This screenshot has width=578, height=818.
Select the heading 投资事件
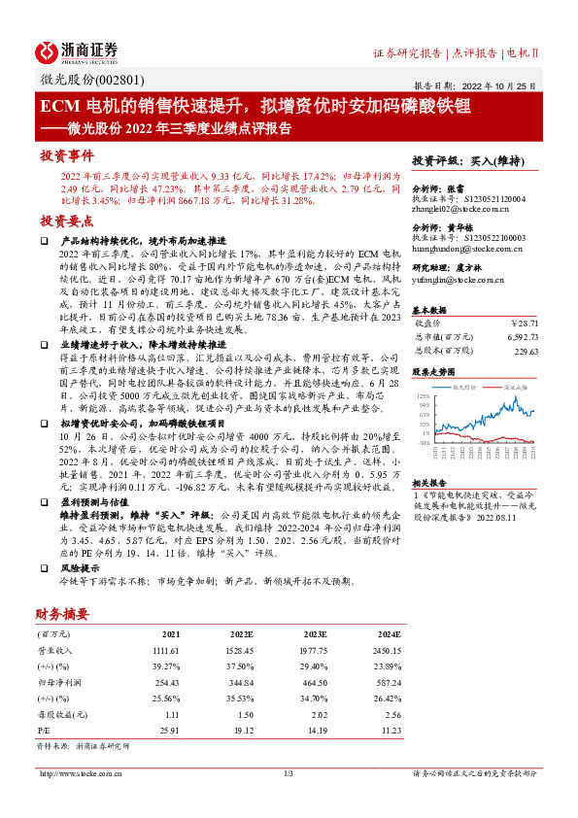(67, 155)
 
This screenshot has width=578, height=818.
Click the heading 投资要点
(67, 220)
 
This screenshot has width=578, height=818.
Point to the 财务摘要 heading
(62, 613)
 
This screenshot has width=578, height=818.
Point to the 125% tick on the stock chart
(422, 396)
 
